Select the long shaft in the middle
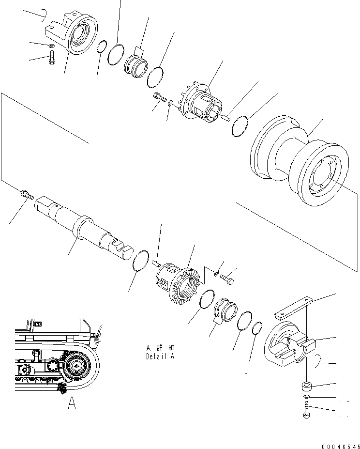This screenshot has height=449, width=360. point(82,223)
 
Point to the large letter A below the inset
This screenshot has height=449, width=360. point(72,403)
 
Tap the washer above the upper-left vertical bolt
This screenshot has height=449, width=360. point(52,46)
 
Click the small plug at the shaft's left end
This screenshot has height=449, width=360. point(27,195)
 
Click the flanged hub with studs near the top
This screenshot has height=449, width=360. point(201,104)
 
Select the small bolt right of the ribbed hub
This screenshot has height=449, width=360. point(228,279)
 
